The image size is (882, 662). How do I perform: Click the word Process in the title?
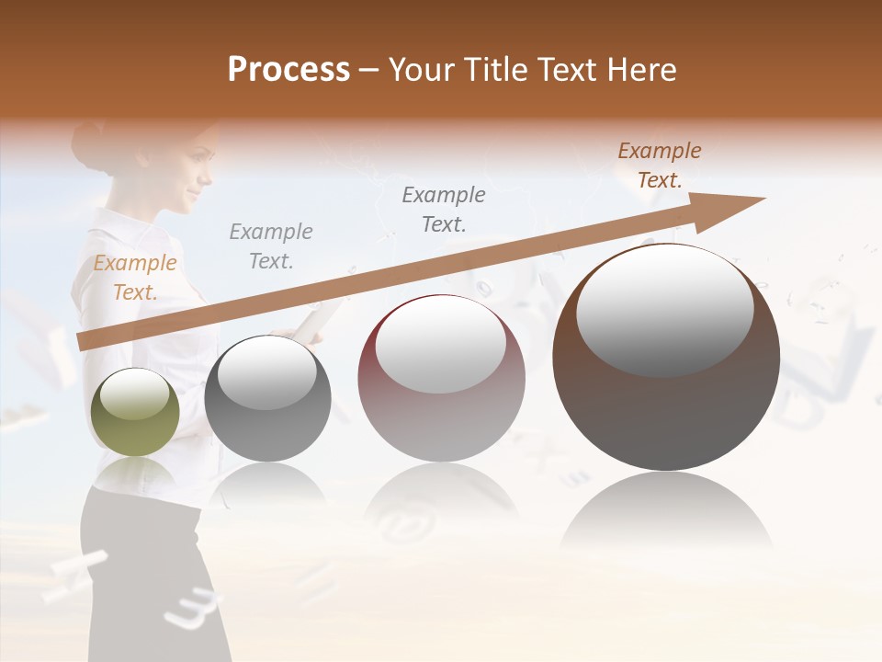click(x=288, y=70)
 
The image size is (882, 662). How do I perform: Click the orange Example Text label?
click(x=135, y=278)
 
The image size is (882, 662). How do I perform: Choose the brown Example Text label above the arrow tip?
click(x=659, y=165)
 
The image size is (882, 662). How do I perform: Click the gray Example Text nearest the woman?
click(x=271, y=246)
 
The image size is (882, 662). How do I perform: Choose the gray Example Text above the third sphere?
click(x=444, y=210)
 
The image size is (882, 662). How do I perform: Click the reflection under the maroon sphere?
click(x=441, y=506)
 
